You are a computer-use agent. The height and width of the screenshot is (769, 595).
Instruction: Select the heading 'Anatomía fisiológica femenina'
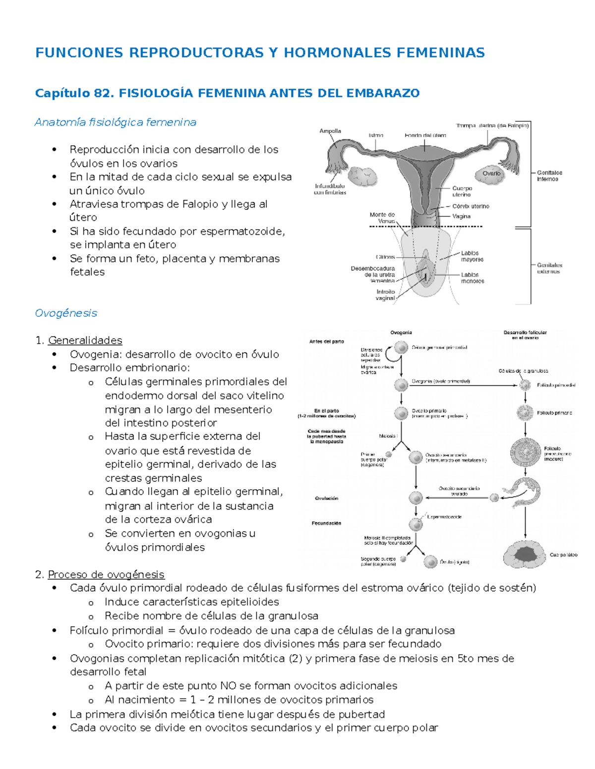tap(116, 122)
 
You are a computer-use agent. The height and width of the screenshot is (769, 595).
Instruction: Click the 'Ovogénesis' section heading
tap(66, 313)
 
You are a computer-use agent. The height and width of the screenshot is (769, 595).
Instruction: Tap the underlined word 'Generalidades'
tap(85, 340)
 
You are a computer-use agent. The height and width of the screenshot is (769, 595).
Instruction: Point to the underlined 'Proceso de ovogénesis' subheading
tap(106, 574)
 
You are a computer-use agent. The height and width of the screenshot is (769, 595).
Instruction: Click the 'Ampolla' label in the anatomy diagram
tap(330, 131)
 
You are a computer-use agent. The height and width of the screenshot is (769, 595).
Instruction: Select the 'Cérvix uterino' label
tap(471, 206)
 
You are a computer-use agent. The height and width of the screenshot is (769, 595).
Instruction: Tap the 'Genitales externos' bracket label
tap(549, 268)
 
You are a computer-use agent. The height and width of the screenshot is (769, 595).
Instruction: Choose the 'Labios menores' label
tap(472, 278)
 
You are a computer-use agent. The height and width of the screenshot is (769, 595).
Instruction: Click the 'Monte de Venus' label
tap(382, 218)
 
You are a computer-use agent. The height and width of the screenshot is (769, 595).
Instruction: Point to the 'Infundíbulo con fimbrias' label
tap(330, 189)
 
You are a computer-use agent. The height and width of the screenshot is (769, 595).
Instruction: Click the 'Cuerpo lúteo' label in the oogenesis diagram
tap(563, 555)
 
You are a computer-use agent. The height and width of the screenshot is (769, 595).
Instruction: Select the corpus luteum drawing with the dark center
tap(526, 554)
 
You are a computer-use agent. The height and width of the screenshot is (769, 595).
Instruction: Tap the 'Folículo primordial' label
tap(556, 385)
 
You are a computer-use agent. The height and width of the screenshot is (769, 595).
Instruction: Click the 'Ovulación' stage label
tap(326, 498)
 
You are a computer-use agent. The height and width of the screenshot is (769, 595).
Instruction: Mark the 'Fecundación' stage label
tap(326, 523)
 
